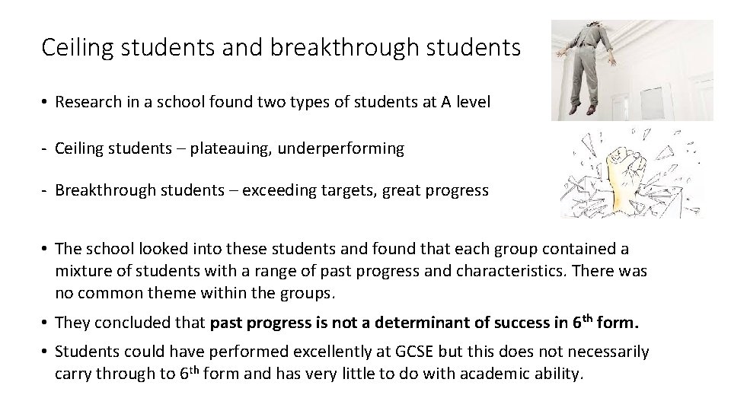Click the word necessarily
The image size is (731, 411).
pyautogui.click(x=606, y=352)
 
